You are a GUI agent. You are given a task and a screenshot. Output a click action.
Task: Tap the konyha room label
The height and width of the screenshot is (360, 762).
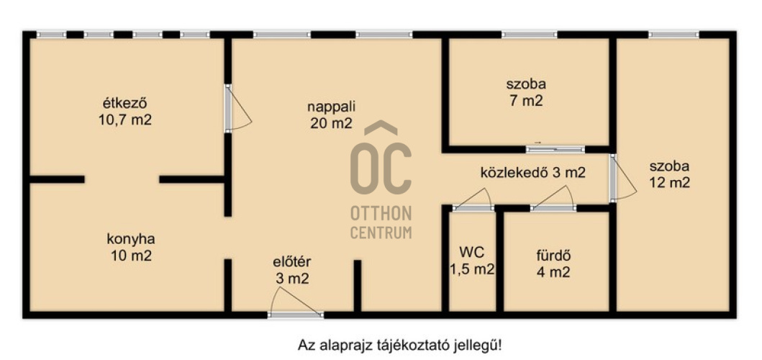(x=130, y=239)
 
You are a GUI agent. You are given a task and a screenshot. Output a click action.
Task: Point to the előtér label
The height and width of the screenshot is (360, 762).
(x=291, y=261)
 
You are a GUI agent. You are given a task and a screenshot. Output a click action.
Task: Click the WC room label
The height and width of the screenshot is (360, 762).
(x=472, y=253)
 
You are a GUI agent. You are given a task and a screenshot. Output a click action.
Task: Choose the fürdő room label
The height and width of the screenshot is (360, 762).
(x=553, y=255)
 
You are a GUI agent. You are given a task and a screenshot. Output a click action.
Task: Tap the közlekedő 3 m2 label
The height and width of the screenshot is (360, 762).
(x=532, y=173)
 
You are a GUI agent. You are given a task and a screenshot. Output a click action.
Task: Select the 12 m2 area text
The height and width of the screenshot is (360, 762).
(x=669, y=183)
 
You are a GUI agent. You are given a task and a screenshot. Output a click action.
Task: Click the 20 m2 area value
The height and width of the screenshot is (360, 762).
(x=331, y=123)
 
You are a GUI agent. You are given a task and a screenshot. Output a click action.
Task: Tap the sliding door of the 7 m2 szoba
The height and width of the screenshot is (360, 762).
(x=555, y=149)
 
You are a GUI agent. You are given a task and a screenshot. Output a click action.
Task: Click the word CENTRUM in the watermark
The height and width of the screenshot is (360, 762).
(x=381, y=233)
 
